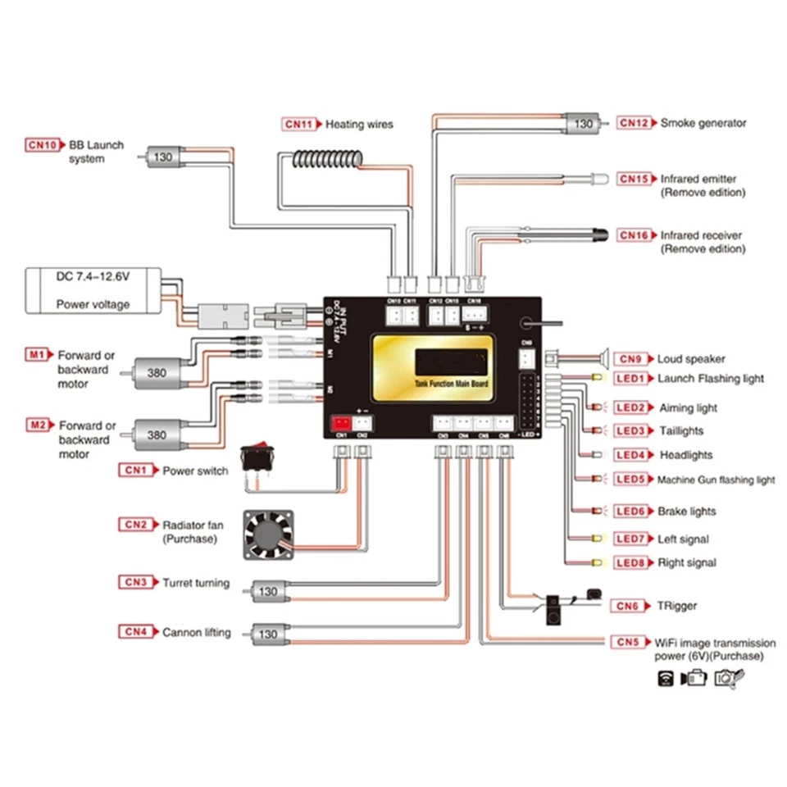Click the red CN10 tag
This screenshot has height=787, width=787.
pyautogui.click(x=42, y=145)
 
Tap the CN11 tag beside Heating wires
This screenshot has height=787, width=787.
pyautogui.click(x=299, y=125)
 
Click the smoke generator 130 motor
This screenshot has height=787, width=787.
pyautogui.click(x=583, y=124)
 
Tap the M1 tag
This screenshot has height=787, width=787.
pyautogui.click(x=37, y=355)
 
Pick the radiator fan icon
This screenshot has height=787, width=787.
pyautogui.click(x=267, y=535)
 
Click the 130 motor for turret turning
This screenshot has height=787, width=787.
pyautogui.click(x=267, y=590)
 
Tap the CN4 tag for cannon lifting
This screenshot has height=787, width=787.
pyautogui.click(x=136, y=632)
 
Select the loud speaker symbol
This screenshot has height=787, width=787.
pyautogui.click(x=603, y=357)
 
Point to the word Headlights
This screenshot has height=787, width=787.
pyautogui.click(x=685, y=455)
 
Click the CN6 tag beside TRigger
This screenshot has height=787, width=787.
pyautogui.click(x=628, y=606)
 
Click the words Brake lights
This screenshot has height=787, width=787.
pyautogui.click(x=686, y=512)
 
